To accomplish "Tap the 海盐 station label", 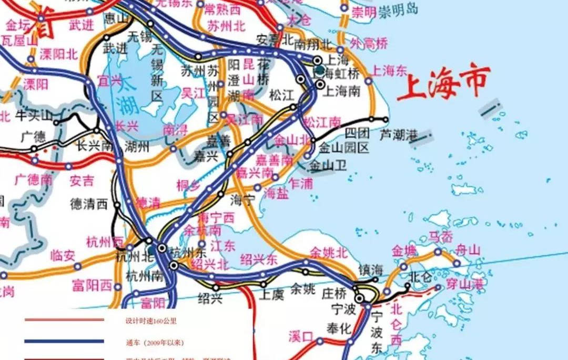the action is (276, 193).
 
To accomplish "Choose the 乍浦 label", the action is (301, 183).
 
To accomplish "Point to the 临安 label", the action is (63, 256).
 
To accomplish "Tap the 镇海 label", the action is (371, 269).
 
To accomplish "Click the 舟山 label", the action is (467, 251).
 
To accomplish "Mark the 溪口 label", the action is (301, 336).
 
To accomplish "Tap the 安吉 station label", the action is (82, 181).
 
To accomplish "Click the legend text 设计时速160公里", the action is (151, 320).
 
